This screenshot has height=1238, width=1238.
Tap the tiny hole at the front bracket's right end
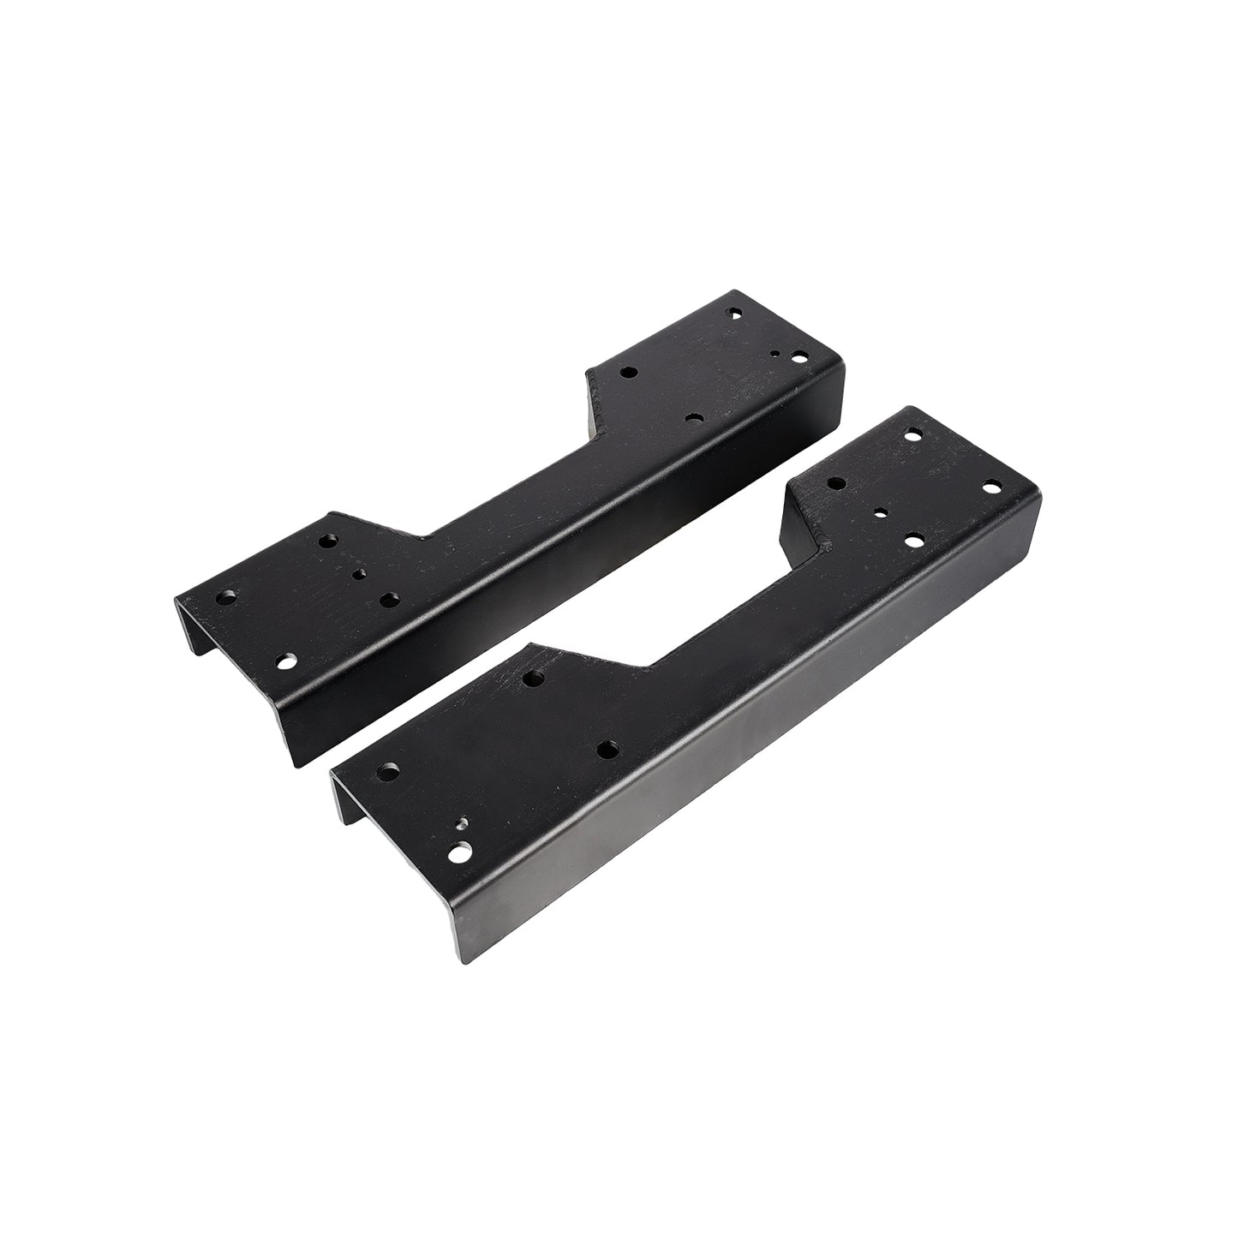[x=881, y=511]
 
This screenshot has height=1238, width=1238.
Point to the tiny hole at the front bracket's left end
[x=461, y=824]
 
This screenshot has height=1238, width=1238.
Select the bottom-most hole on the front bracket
[x=461, y=853]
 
